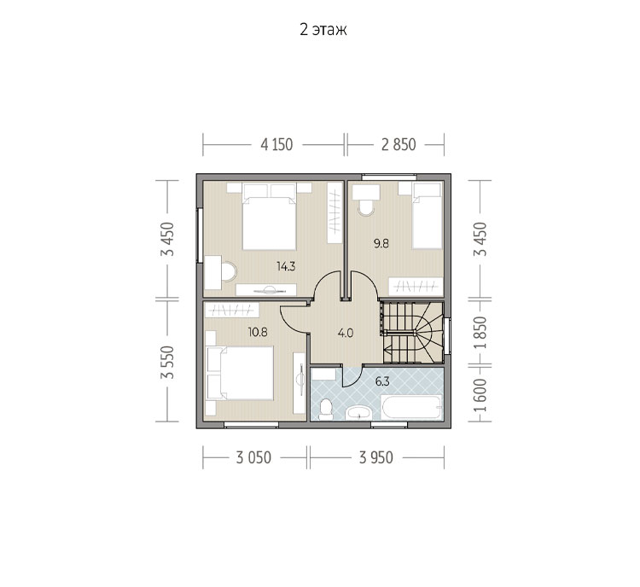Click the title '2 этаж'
pos(323,30)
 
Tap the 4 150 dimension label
pos(276,144)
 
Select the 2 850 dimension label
pos(399,144)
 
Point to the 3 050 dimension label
pos(253,457)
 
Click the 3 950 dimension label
pos(376,457)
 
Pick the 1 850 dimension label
pos(480,333)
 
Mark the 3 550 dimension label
pos(167,362)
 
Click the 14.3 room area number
pos(286,267)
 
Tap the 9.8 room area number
pos(381,244)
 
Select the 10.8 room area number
pos(258,332)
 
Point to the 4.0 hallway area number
pos(346,334)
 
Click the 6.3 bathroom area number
pos(382,382)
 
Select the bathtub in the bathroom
pos(411,407)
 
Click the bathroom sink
pos(358,413)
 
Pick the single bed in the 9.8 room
pos(427,216)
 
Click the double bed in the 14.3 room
pos(269,217)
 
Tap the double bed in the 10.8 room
pos(240,373)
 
